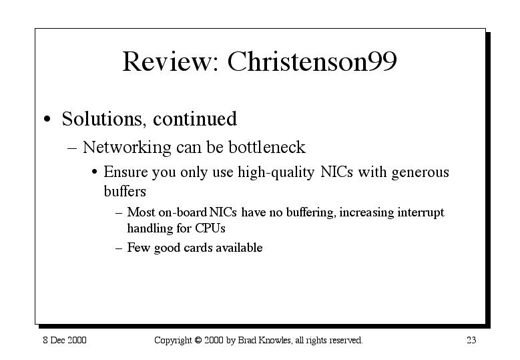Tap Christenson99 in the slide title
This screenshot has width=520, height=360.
(312, 61)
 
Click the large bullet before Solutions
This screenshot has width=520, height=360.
(47, 119)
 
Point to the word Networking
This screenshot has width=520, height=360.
(127, 148)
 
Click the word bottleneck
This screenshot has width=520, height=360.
(267, 147)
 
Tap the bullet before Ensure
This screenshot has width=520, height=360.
(95, 172)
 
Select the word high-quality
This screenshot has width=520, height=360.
(276, 172)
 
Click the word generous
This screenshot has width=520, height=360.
(420, 173)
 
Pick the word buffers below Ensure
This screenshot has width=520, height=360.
(125, 191)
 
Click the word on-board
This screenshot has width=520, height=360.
(183, 212)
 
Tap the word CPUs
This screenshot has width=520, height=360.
(210, 228)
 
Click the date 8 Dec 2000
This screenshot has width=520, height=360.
(65, 340)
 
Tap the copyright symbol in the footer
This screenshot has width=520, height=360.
(198, 340)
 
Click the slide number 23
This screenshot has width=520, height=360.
(471, 340)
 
